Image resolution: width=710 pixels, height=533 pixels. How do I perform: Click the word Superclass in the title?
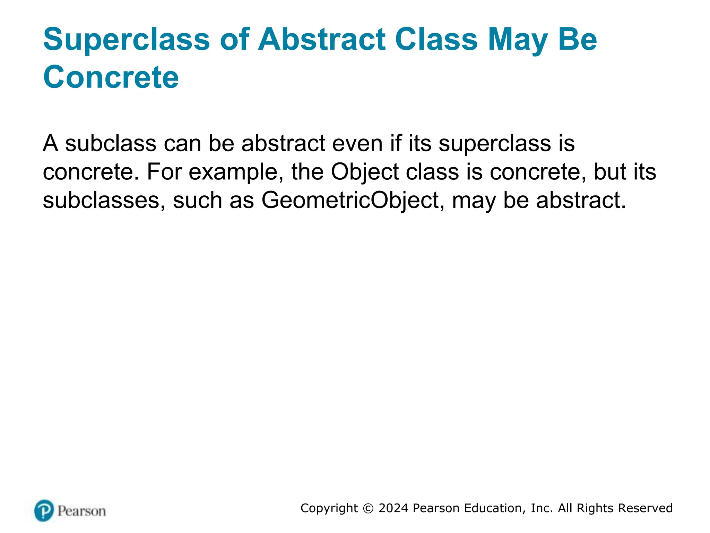(x=127, y=40)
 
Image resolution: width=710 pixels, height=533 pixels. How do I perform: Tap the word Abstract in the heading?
(x=321, y=39)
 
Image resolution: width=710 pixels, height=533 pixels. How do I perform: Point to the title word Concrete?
(x=111, y=77)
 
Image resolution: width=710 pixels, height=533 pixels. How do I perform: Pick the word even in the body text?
(x=357, y=143)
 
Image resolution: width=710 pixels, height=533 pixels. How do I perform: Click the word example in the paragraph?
(x=236, y=172)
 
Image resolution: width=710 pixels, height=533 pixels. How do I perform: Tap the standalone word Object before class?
(x=365, y=172)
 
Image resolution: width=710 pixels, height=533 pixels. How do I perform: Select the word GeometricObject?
(x=350, y=201)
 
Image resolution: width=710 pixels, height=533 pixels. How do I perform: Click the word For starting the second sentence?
(x=164, y=172)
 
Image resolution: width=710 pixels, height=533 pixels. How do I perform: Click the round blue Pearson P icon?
(x=44, y=510)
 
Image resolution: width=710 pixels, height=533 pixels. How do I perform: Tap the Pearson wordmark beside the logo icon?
(x=81, y=511)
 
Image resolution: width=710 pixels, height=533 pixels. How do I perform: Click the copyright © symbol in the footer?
(x=368, y=508)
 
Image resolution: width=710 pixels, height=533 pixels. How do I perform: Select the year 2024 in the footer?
(x=393, y=508)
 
